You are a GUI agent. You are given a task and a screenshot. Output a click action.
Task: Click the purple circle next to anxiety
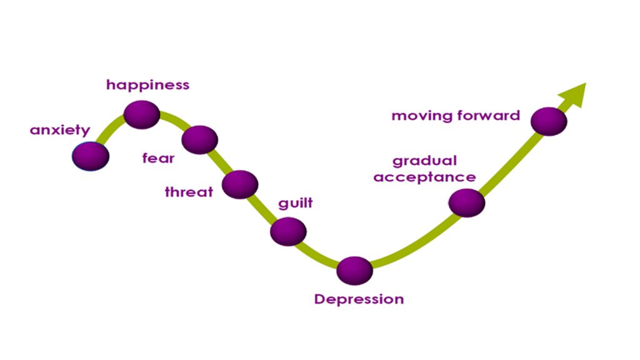(91, 156)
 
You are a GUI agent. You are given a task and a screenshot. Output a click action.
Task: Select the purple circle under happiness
(142, 114)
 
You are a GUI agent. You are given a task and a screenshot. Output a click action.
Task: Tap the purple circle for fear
(200, 139)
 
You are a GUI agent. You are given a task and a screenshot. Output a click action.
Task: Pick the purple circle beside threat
(239, 184)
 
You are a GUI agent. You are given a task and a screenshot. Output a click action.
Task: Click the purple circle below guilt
(288, 231)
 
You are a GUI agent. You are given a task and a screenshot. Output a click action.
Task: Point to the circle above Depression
(354, 271)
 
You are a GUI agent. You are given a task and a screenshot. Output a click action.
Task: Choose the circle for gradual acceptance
(467, 202)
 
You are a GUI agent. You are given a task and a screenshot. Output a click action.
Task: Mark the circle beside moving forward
(548, 121)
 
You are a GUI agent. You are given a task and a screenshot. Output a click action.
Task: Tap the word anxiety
(60, 131)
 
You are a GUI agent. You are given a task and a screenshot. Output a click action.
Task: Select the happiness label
(147, 85)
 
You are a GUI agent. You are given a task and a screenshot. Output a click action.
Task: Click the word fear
(158, 158)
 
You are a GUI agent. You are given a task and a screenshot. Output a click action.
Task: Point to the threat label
(189, 192)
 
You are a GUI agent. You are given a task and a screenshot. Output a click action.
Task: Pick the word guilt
(295, 204)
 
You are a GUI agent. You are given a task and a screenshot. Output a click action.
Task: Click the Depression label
(359, 299)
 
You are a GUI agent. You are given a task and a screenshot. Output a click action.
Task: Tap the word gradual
(424, 162)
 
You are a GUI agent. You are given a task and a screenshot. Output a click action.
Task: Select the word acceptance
(424, 177)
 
